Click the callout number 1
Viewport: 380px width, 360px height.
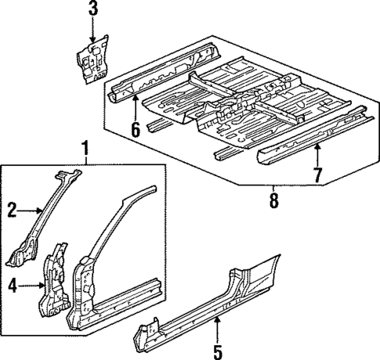click(x=85, y=146)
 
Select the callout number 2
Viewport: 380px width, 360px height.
click(x=13, y=210)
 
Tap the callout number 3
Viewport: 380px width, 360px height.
click(x=92, y=9)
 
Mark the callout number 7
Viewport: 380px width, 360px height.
click(x=317, y=174)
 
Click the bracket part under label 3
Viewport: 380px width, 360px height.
click(x=92, y=59)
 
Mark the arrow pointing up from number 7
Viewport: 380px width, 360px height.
click(x=317, y=153)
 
